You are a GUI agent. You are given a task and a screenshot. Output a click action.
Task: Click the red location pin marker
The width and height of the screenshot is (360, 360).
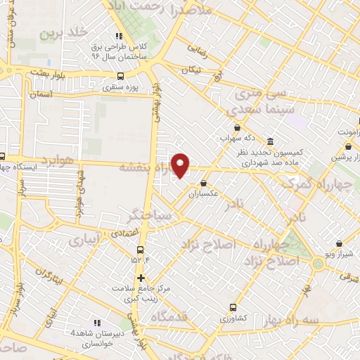tap(181, 165)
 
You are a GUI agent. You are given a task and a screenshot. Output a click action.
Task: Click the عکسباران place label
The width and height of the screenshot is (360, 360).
tap(203, 193)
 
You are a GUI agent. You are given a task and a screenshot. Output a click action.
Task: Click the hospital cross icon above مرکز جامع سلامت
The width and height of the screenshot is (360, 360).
tap(141, 278)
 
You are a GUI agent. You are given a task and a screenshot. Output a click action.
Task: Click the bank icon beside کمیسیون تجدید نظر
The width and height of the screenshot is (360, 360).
tap(271, 140)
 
